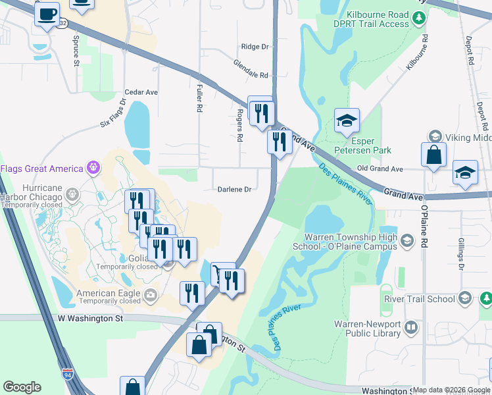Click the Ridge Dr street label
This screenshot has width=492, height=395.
[x=255, y=47]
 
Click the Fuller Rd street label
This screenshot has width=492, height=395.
[x=199, y=97]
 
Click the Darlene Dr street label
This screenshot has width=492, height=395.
[x=235, y=190]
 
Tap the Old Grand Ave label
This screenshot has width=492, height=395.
[x=380, y=169]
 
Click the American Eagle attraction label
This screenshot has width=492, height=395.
[x=109, y=294]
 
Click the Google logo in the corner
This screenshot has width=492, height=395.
[x=22, y=387]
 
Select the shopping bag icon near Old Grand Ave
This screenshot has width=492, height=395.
[x=433, y=156]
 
